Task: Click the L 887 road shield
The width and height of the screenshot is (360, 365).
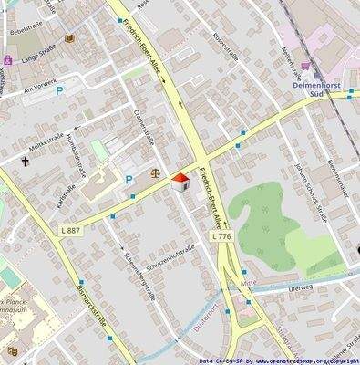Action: [73, 230]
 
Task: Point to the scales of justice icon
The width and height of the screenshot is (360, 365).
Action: [154, 171]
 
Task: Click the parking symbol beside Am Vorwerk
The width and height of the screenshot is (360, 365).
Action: [60, 90]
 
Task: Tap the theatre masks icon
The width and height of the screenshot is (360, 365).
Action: [13, 350]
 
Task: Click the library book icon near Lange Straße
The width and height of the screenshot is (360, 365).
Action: [68, 37]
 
